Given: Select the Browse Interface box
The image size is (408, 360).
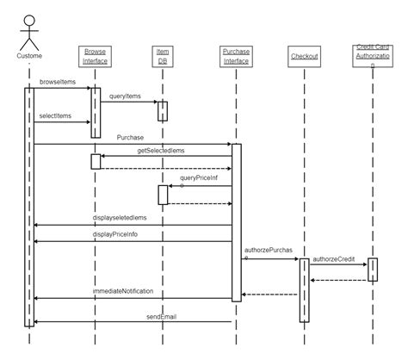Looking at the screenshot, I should [96, 56].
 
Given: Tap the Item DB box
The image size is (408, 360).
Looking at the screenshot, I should [162, 56].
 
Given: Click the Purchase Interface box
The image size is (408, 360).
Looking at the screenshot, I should [236, 56].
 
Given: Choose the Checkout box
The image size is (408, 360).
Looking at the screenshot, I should [304, 56].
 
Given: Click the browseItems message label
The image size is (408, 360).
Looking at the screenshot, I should [57, 82].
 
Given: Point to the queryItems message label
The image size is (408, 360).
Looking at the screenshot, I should [126, 96].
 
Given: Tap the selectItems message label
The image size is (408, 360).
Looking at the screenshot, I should [56, 115].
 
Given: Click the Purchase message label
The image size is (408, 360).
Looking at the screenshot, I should [131, 137].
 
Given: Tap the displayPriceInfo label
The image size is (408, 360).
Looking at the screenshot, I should [114, 234].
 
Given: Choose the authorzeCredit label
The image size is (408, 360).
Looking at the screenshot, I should [336, 258].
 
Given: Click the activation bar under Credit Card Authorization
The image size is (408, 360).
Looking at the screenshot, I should [373, 270].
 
